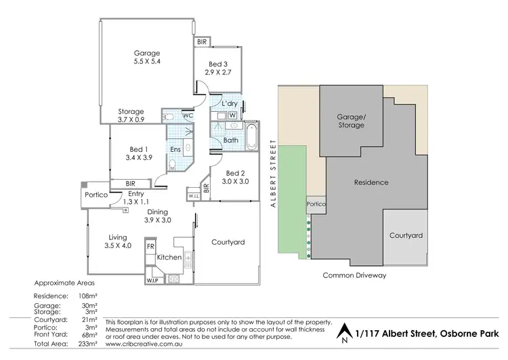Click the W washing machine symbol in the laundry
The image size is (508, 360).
point(233,115)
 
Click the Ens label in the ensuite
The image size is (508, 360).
point(175,149)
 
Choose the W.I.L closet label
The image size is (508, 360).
point(193,197)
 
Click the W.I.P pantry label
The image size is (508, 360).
point(151,279)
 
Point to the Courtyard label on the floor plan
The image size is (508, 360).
point(228,242)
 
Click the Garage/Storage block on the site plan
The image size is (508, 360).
point(351,121)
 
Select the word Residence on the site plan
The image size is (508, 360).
point(371,182)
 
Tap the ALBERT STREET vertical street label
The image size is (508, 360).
point(272,169)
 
